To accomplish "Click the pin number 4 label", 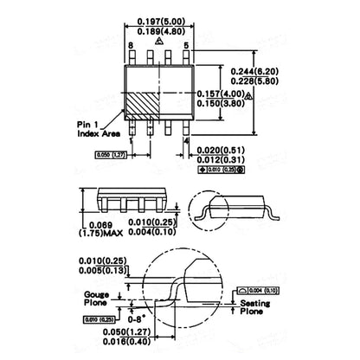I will [186, 139].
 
